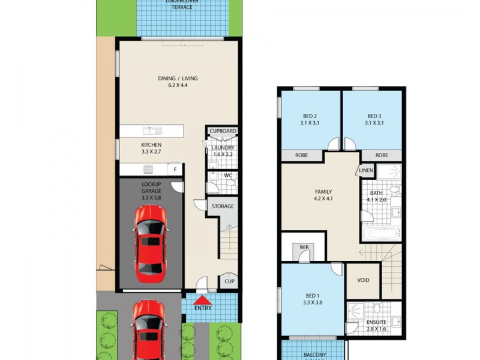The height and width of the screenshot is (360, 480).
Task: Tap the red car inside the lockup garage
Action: click(149, 243)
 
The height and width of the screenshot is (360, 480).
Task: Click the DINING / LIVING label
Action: click(178, 79)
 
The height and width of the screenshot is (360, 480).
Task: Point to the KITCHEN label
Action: click(151, 145)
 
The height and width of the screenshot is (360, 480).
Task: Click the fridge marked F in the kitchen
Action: click(175, 170)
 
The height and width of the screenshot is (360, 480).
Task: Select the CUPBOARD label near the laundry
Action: click(223, 131)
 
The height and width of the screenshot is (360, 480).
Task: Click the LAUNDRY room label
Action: click(223, 148)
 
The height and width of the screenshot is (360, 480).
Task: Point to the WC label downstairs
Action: click(227, 176)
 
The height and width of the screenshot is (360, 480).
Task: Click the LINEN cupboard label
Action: click(367, 171)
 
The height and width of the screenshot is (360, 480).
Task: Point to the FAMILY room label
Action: click(323, 192)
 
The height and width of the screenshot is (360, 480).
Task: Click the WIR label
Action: click(304, 247)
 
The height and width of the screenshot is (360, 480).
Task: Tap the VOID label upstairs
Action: click(363, 280)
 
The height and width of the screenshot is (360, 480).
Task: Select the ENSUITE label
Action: click(376, 322)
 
